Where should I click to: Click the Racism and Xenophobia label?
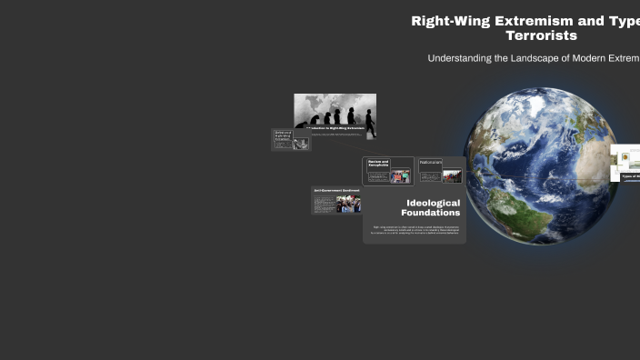[378, 163]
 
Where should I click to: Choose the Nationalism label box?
[430, 163]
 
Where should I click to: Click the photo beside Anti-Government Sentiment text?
[348, 205]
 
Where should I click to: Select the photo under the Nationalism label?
[452, 175]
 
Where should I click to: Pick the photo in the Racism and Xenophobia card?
[400, 176]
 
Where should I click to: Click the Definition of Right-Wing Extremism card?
[291, 139]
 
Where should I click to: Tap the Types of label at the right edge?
[629, 175]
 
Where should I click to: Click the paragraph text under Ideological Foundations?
[415, 230]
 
